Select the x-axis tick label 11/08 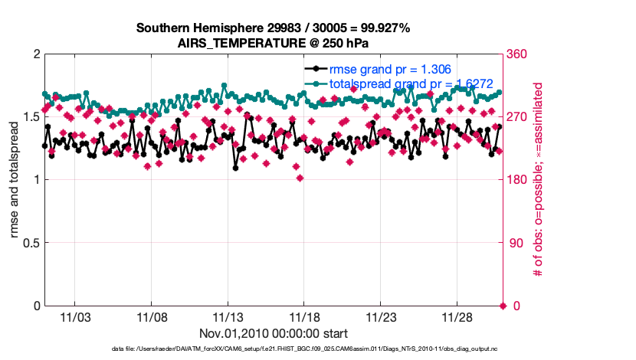[152, 317]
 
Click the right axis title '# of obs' [538, 180]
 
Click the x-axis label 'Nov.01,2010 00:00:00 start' [274, 333]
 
